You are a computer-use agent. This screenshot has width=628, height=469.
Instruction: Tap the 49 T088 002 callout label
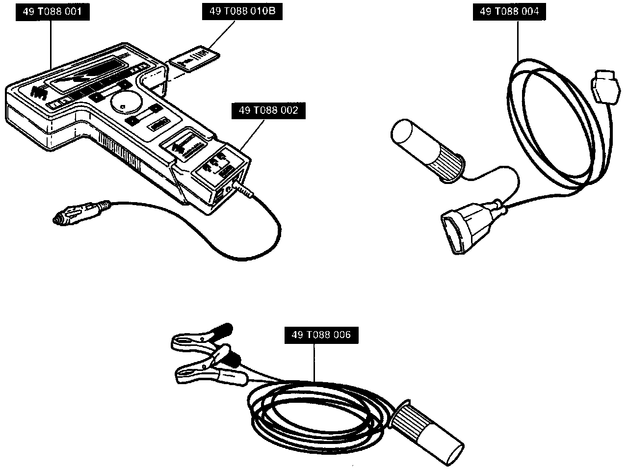click(x=268, y=111)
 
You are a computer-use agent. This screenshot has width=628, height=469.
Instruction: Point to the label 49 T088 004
click(x=509, y=12)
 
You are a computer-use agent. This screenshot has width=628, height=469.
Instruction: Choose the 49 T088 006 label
click(x=321, y=335)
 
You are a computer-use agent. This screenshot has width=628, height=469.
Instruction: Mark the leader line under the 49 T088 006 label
click(x=314, y=363)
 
